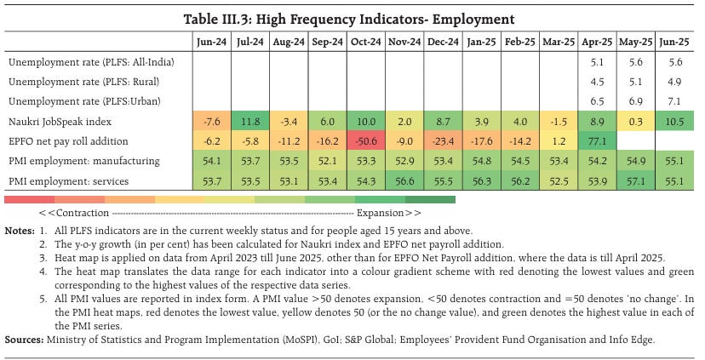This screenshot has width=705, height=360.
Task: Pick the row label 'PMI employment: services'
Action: click(x=70, y=180)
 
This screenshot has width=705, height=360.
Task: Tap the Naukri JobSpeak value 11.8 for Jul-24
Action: click(x=249, y=121)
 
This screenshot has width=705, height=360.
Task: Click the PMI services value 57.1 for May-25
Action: click(x=634, y=180)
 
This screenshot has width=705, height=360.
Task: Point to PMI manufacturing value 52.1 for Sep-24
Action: click(x=326, y=160)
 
